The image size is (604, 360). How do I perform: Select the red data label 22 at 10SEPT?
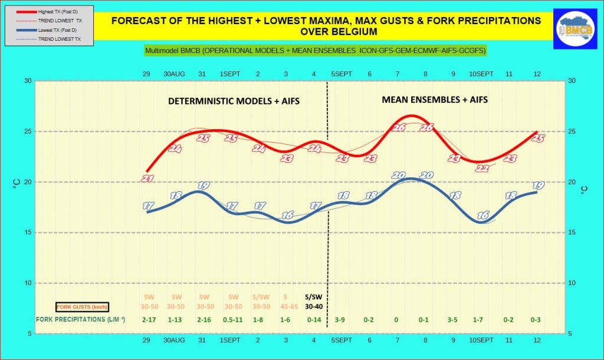coord(482,168)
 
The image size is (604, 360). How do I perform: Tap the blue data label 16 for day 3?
coord(287,215)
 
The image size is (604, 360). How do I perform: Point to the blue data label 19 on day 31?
coord(203,185)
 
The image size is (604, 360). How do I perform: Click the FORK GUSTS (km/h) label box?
coord(82,307)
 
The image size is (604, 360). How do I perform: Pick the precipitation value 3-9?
coord(342,320)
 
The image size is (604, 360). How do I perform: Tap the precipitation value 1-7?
coord(481,320)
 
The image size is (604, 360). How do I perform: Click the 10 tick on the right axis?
coord(571,283)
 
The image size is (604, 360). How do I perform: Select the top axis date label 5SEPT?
coord(342,74)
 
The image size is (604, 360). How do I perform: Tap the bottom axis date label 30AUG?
coord(176,341)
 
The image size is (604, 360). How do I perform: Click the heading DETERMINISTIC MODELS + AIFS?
coord(234,101)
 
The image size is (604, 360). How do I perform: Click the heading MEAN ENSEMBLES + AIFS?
coord(435,100)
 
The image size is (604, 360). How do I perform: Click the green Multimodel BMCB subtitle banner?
coord(316,51)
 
